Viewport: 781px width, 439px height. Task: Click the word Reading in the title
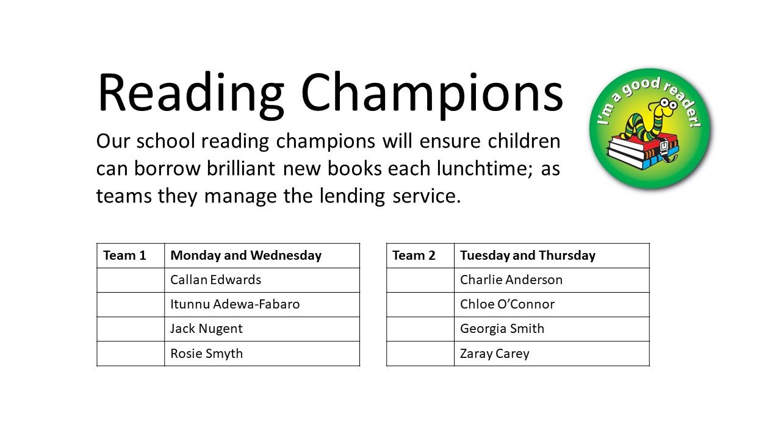pyautogui.click(x=191, y=95)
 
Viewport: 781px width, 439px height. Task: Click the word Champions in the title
pyautogui.click(x=432, y=95)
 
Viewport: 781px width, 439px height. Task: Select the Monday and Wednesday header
pyautogui.click(x=246, y=255)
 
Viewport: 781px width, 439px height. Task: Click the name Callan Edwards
pyautogui.click(x=215, y=280)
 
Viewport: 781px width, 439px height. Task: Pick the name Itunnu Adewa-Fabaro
pyautogui.click(x=235, y=304)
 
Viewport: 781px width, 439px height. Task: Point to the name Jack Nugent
pyautogui.click(x=206, y=329)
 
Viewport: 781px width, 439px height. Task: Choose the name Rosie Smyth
pyautogui.click(x=206, y=354)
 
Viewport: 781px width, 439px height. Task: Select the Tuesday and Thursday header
pyautogui.click(x=528, y=255)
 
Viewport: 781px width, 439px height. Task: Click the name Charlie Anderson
pyautogui.click(x=511, y=280)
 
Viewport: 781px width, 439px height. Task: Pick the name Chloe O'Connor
pyautogui.click(x=507, y=304)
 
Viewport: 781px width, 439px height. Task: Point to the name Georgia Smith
pyautogui.click(x=502, y=329)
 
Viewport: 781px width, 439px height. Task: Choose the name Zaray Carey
pyautogui.click(x=495, y=354)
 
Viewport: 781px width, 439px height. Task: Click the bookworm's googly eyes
pyautogui.click(x=668, y=103)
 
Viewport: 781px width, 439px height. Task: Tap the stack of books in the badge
pyautogui.click(x=642, y=152)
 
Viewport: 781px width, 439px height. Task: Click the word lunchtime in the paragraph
pyautogui.click(x=484, y=169)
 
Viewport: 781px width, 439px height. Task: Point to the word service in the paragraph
pyautogui.click(x=426, y=196)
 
